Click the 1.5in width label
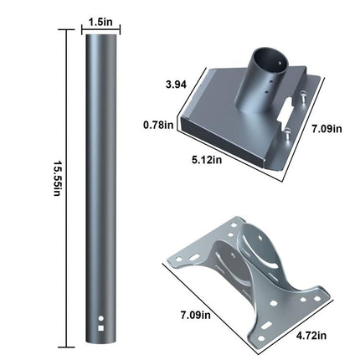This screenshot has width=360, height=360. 100,22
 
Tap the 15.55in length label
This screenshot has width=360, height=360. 57,178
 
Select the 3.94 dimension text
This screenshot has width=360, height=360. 176,85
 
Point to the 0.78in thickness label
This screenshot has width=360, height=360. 158,125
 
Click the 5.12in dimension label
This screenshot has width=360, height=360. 207,160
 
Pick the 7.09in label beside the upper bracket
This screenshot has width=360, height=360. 327,129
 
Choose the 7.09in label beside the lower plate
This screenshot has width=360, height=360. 195,316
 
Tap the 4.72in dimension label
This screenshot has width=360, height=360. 311,336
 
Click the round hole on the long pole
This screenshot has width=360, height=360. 101,318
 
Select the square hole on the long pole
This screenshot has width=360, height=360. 101,328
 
